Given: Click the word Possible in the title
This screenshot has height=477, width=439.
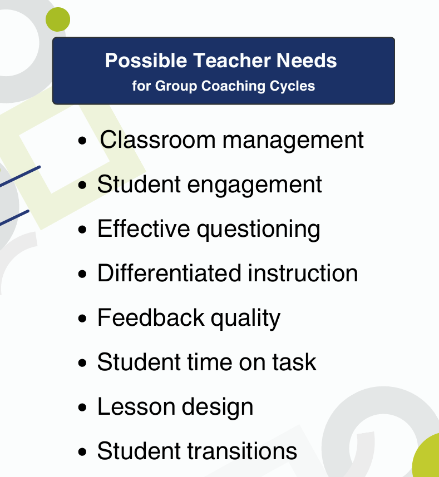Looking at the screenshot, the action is pyautogui.click(x=146, y=60).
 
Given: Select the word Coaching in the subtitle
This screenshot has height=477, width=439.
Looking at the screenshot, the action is pyautogui.click(x=233, y=86).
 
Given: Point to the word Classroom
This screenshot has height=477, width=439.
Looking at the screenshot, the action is pyautogui.click(x=157, y=140).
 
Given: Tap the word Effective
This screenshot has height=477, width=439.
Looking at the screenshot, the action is pyautogui.click(x=144, y=228).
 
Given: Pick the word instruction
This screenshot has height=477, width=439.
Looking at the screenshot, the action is pyautogui.click(x=303, y=273).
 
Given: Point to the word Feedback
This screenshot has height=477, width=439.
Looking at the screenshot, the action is pyautogui.click(x=151, y=317).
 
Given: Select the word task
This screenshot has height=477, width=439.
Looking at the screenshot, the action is pyautogui.click(x=294, y=362).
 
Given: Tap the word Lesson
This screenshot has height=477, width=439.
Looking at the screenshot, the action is pyautogui.click(x=136, y=406).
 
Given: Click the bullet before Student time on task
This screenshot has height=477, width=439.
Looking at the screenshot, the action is pyautogui.click(x=82, y=363).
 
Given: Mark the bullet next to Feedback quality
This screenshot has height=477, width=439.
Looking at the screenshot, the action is pyautogui.click(x=82, y=319).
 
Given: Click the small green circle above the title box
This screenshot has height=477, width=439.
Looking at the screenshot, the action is pyautogui.click(x=58, y=19).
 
